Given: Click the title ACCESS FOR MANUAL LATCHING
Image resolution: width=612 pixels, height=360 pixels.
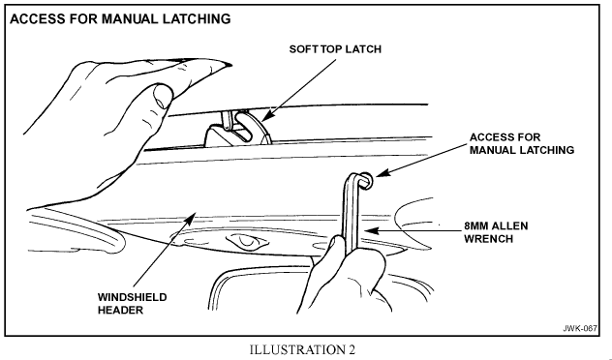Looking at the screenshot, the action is pyautogui.click(x=120, y=18).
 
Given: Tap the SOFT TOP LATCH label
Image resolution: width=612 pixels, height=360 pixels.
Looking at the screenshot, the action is pyautogui.click(x=335, y=49).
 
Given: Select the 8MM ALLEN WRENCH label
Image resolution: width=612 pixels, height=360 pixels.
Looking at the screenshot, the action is pyautogui.click(x=496, y=232).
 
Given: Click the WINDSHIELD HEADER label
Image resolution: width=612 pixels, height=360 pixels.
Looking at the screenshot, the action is pyautogui.click(x=133, y=304).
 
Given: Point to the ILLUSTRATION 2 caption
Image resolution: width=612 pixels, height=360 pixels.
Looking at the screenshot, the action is pyautogui.click(x=302, y=349).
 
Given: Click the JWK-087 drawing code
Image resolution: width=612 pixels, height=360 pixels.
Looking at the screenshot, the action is pyautogui.click(x=580, y=328).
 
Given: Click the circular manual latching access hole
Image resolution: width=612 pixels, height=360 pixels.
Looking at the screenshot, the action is pyautogui.click(x=367, y=181).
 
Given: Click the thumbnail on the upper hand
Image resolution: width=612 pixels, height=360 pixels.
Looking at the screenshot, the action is pyautogui.click(x=163, y=96).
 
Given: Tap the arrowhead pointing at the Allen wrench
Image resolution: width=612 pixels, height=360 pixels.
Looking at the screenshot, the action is pyautogui.click(x=371, y=230).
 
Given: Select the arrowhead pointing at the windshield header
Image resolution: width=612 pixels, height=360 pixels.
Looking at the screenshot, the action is pyautogui.click(x=190, y=219).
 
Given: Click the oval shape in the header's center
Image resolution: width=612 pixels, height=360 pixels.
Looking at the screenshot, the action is pyautogui.click(x=246, y=241).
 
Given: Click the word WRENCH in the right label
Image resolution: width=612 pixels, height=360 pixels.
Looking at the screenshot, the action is pyautogui.click(x=488, y=239).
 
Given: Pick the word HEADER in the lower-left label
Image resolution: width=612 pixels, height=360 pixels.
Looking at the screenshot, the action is pyautogui.click(x=120, y=310).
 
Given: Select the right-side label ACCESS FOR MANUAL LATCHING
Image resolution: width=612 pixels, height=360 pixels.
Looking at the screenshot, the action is pyautogui.click(x=522, y=143).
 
